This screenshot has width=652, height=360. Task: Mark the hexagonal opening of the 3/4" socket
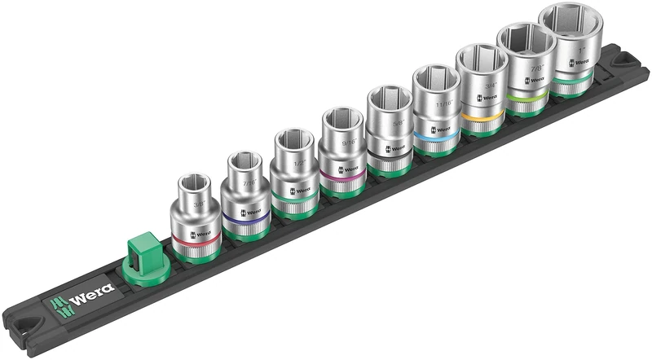(482, 59)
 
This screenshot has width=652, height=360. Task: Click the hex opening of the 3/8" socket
(193, 179)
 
